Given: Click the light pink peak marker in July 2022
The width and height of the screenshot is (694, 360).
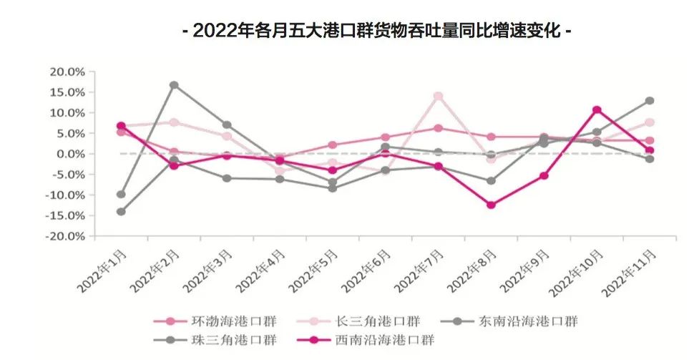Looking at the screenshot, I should (438, 97).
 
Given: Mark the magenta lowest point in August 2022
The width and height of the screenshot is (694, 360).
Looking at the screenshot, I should (491, 205).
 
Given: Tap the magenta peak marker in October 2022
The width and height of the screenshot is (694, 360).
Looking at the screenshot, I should (597, 110).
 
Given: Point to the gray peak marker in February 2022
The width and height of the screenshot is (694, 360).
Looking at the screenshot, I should (174, 85).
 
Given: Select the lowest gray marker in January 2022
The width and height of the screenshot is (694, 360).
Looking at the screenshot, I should (121, 212).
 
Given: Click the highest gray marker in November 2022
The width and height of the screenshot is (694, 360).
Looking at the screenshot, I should (650, 101).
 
